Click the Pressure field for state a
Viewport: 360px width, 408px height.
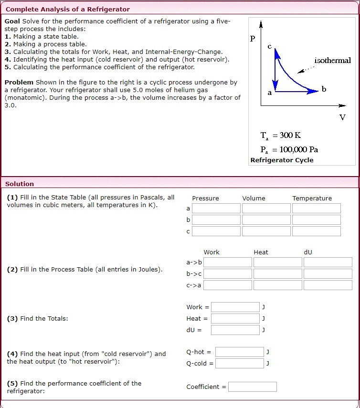(216, 209)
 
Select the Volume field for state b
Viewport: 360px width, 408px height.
(266, 220)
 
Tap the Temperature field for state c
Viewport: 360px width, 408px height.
(317, 231)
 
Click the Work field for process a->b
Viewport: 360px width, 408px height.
(228, 262)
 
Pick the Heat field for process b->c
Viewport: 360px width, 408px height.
(278, 274)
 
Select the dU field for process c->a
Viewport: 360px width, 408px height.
(328, 285)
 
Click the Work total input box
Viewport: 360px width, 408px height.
(235, 307)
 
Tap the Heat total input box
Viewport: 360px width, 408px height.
(235, 318)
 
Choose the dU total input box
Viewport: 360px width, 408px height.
(235, 330)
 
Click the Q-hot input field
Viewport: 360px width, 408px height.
(239, 352)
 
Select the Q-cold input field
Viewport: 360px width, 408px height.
(239, 364)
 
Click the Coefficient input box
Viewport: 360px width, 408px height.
(252, 387)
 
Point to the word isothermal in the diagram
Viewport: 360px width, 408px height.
(332, 61)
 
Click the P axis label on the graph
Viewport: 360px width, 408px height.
(253, 38)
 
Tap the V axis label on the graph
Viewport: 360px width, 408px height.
(342, 117)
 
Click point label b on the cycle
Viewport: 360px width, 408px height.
(324, 89)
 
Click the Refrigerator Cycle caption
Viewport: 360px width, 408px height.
(282, 160)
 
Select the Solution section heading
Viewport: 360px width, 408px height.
(20, 184)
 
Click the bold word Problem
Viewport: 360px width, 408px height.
(19, 83)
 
